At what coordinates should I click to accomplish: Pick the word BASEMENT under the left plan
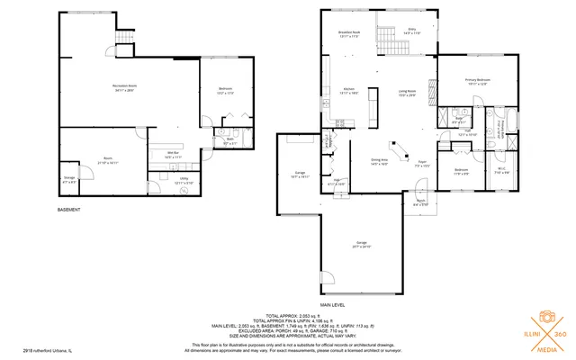coord(69,210)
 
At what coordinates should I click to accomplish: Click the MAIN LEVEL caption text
coord(333,292)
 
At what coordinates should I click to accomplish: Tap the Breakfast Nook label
coord(349,34)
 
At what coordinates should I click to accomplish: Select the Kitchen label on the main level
coord(348,91)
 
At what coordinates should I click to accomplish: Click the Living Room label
coord(407,93)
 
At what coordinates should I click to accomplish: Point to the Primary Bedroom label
coord(477,82)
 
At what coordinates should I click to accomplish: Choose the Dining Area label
coord(380,163)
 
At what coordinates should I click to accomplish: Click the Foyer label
coord(422,164)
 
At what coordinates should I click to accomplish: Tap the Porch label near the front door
coord(419,203)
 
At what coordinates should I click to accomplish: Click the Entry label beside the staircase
coord(412,31)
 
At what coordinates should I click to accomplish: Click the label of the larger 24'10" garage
coord(363,244)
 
